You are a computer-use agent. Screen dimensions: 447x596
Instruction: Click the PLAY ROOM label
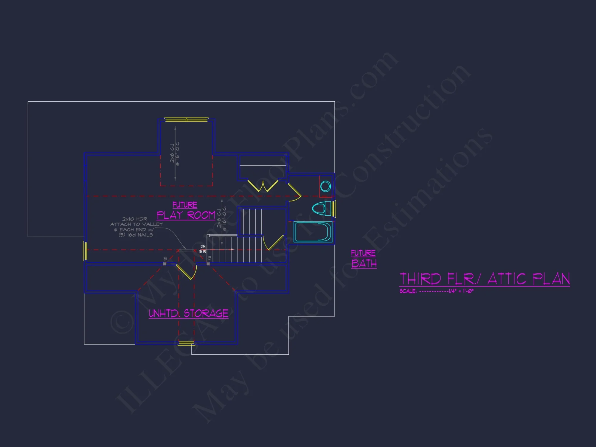tap(186, 215)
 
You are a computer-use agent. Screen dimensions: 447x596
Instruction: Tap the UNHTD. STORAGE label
tap(188, 313)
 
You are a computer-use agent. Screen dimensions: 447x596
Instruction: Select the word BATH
tap(364, 263)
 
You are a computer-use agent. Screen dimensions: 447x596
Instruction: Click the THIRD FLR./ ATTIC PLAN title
tap(485, 279)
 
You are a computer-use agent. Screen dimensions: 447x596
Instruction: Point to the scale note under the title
tap(437, 291)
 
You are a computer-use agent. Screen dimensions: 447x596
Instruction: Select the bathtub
tap(313, 232)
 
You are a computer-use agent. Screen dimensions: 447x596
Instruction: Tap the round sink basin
tap(325, 187)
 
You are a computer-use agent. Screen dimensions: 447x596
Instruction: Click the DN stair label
tap(203, 246)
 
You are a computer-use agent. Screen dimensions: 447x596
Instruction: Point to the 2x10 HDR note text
tap(135, 219)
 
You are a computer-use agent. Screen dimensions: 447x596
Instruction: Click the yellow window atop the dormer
tap(186, 120)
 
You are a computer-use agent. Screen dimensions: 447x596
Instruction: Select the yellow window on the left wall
tap(85, 251)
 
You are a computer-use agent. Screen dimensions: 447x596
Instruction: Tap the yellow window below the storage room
tap(186, 344)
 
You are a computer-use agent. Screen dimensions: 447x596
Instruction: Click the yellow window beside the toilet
tap(334, 208)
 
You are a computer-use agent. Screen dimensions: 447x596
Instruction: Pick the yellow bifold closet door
tap(263, 186)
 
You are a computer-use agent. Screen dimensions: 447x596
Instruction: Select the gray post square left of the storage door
tap(165, 264)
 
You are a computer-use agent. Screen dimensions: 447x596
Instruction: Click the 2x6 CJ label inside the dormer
tap(172, 153)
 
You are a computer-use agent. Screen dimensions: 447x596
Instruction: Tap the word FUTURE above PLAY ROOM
tap(185, 205)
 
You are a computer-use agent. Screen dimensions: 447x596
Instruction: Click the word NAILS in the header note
tap(145, 235)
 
